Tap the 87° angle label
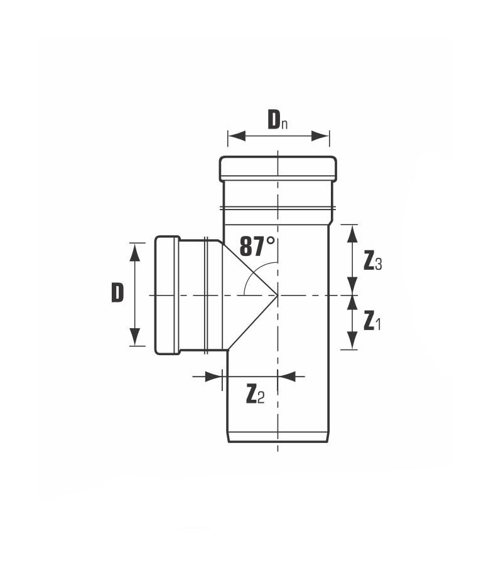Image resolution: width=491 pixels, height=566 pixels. point(257,246)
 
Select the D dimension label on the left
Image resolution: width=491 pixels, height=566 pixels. point(117,292)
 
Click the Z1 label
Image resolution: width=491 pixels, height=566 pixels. point(372,321)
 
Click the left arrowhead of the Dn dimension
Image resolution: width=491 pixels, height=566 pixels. point(237,136)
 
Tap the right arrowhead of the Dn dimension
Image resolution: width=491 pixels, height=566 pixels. point(320,136)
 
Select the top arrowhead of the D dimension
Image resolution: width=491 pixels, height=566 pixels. point(135,252)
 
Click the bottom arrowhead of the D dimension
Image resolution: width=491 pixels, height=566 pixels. point(135,337)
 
